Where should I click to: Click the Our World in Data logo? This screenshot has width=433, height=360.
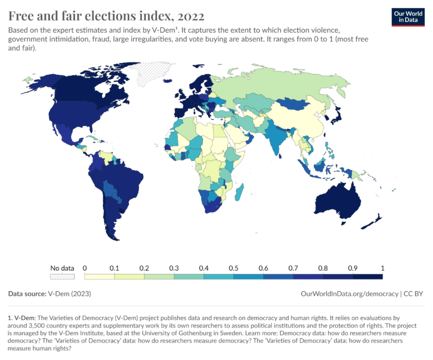tap(408, 17)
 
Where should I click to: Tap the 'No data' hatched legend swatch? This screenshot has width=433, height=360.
tap(62, 276)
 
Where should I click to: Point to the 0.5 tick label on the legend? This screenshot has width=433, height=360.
tap(233, 268)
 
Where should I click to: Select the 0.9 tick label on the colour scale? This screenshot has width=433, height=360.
tap(353, 268)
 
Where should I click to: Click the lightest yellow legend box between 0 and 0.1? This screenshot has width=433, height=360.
tap(100, 276)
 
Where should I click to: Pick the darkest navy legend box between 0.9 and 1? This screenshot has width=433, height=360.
tap(368, 276)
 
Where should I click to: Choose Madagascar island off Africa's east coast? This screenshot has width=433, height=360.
tap(238, 194)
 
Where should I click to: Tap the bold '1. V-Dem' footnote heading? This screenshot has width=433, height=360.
tap(21, 318)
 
